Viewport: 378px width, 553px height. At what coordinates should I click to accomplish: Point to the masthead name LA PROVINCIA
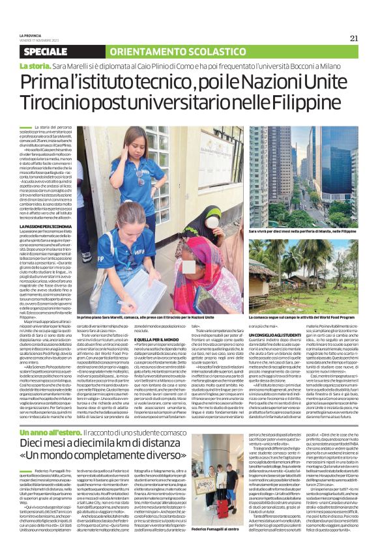coord(32,35)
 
